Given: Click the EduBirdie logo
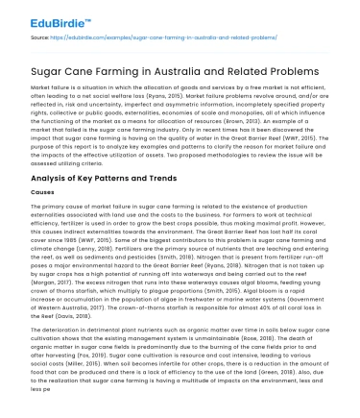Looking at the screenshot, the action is pos(44,16).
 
